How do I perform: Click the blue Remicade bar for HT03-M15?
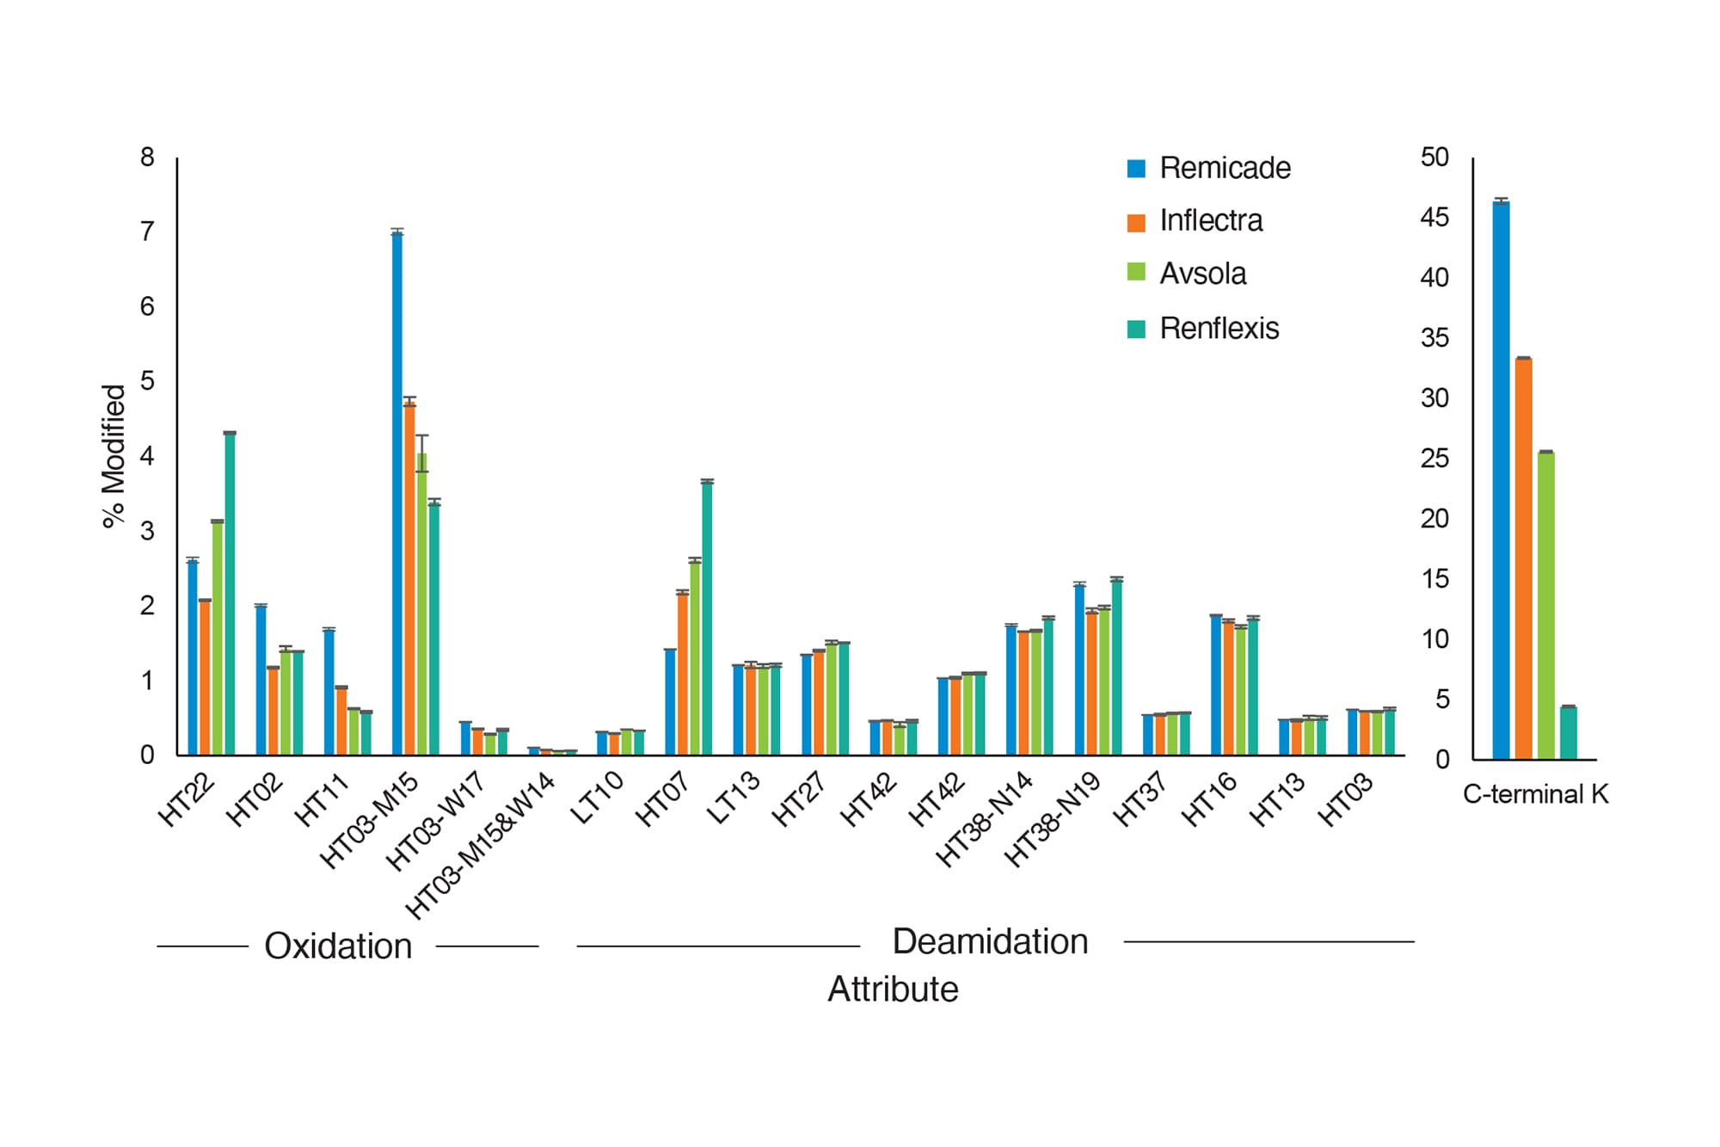click(397, 495)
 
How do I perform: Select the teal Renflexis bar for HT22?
click(230, 594)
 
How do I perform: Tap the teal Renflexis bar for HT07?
click(707, 620)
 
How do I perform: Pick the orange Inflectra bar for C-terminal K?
click(1523, 559)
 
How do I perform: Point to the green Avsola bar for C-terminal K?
click(1545, 607)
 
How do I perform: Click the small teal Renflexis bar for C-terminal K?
click(1569, 733)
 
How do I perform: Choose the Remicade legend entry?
click(1208, 168)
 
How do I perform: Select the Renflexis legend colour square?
click(1136, 329)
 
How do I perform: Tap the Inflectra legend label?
click(1211, 221)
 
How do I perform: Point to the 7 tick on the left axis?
click(147, 231)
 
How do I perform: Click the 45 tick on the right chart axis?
click(1434, 218)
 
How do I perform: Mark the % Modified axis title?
click(114, 456)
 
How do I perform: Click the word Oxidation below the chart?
click(338, 946)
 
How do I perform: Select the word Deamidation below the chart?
click(990, 941)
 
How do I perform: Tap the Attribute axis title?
click(893, 990)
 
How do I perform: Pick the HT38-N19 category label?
click(1053, 818)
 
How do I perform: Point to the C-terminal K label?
click(1535, 794)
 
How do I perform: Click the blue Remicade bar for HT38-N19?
click(1079, 671)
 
